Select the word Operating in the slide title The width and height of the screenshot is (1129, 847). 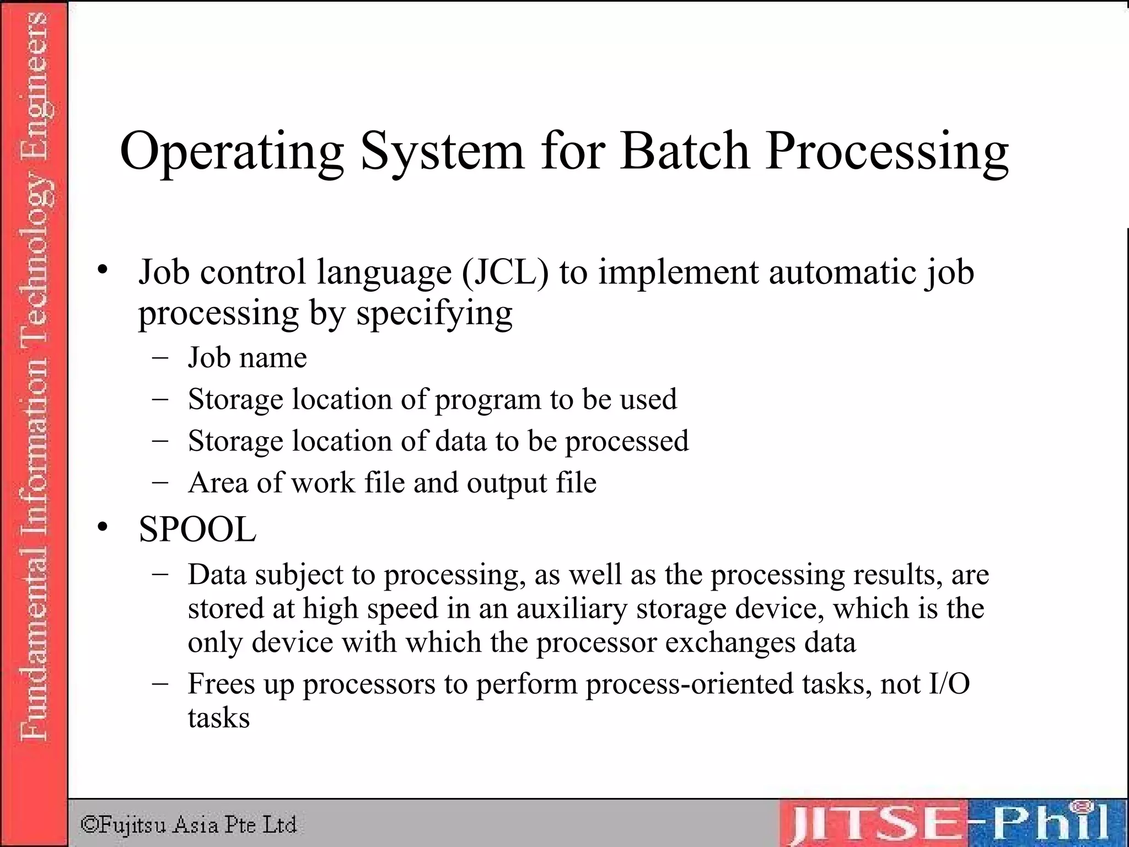pos(232,152)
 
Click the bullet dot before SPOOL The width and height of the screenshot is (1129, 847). pos(103,528)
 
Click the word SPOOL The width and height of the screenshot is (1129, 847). pos(197,529)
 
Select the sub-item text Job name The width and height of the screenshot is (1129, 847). pos(247,357)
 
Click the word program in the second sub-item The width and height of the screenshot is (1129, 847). pos(488,400)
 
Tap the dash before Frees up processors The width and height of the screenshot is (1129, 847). pos(160,683)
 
